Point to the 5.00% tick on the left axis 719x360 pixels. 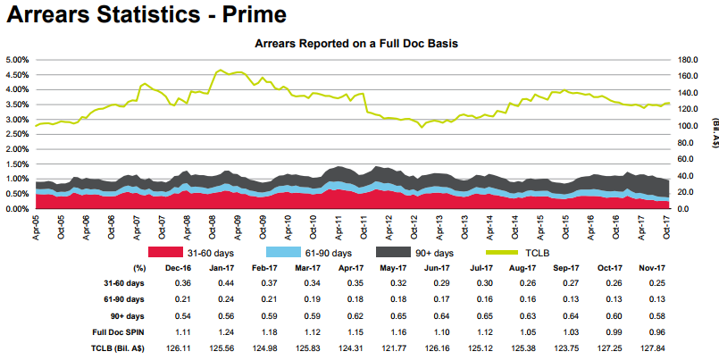click(x=18, y=59)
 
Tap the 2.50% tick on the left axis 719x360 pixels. click(x=18, y=134)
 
